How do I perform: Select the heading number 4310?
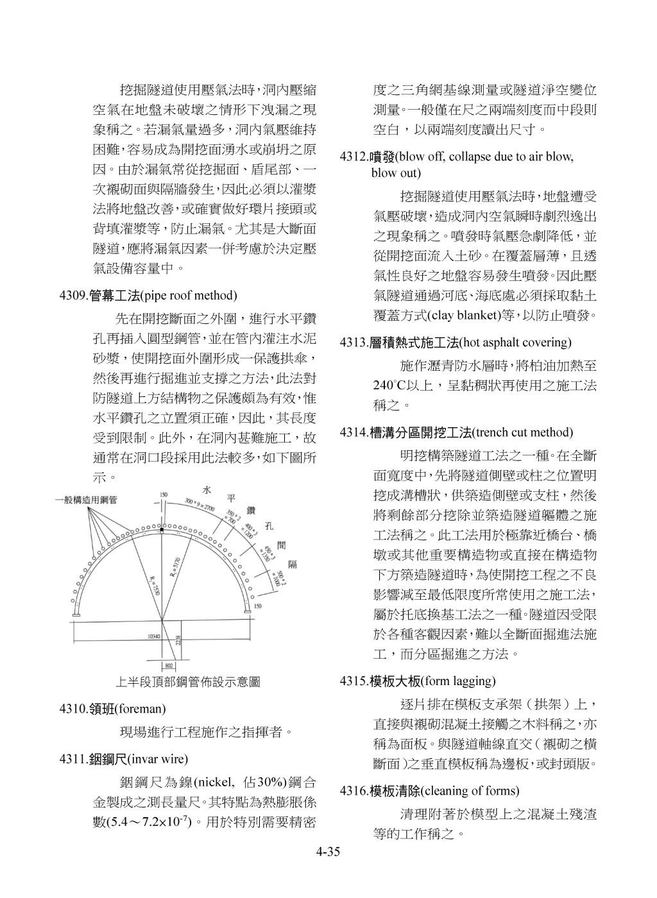(73, 709)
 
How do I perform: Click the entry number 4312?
(354, 157)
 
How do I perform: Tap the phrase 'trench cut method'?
(522, 433)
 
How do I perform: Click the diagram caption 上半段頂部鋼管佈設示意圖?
(188, 682)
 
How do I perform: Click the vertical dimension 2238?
(178, 640)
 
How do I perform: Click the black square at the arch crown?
(162, 531)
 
